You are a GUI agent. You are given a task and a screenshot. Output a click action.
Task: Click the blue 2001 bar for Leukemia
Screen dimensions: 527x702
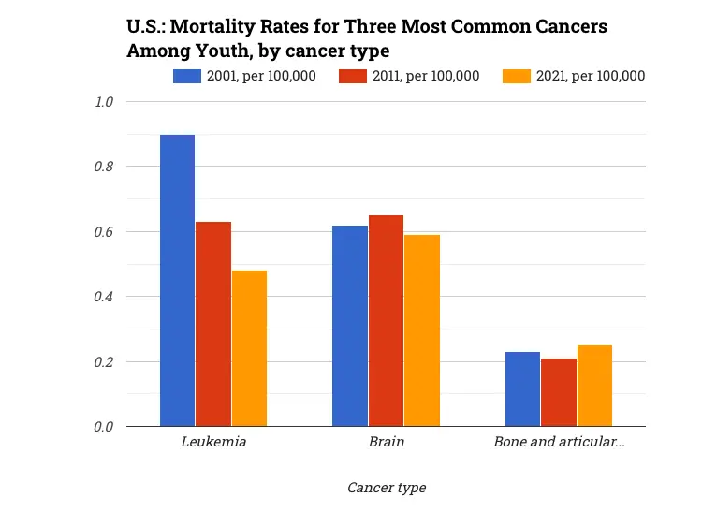click(x=177, y=281)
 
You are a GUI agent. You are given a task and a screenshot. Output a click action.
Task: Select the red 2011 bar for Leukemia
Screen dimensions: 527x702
click(x=213, y=324)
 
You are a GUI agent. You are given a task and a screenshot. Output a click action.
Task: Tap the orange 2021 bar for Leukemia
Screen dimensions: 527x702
click(x=249, y=348)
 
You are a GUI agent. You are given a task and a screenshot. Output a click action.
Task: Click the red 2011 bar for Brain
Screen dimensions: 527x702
click(x=386, y=321)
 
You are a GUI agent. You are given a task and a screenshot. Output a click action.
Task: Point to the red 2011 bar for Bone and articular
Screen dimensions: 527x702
click(x=559, y=392)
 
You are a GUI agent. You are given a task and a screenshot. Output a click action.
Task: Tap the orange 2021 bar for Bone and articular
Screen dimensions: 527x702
click(x=594, y=386)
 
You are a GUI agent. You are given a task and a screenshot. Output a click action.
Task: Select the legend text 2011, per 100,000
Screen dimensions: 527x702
click(x=427, y=76)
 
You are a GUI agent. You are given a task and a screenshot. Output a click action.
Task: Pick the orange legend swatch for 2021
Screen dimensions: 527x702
click(x=519, y=76)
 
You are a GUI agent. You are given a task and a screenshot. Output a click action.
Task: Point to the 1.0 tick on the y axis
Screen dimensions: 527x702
click(x=103, y=101)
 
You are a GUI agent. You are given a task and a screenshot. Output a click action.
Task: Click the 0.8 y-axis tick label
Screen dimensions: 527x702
click(x=103, y=167)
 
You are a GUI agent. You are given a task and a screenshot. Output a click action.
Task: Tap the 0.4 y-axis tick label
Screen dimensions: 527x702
click(x=103, y=297)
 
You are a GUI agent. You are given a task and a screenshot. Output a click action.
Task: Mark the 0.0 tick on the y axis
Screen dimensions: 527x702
click(x=103, y=427)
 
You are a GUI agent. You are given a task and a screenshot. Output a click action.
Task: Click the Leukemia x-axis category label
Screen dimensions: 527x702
click(x=213, y=442)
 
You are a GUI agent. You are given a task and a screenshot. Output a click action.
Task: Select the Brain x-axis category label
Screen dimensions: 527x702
click(x=386, y=442)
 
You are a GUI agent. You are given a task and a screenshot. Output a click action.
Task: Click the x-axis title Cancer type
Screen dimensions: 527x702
click(x=386, y=488)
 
